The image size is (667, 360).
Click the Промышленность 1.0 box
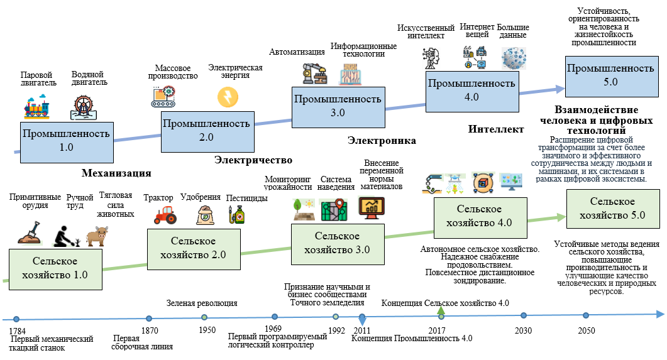[66, 140]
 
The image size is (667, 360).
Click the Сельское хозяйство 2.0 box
[193, 248]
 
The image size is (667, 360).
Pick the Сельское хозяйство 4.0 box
[478, 215]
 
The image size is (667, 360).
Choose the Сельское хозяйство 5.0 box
[612, 208]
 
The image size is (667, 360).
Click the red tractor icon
[165, 214]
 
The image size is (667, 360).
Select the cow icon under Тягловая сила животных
[97, 236]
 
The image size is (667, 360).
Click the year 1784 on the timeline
[18, 330]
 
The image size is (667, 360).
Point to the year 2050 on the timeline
[587, 330]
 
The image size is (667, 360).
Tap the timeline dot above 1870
[149, 319]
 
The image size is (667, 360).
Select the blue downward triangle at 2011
[362, 319]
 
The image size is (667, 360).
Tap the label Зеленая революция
[202, 303]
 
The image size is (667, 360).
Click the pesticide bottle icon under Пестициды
[238, 215]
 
